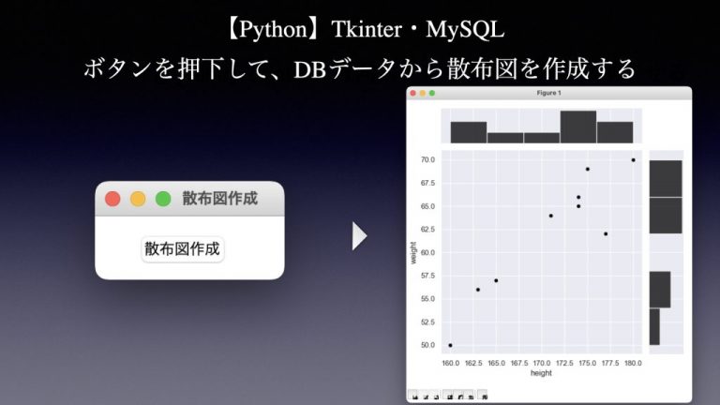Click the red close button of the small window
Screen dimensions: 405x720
click(x=112, y=199)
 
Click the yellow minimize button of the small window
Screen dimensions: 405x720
click(x=138, y=199)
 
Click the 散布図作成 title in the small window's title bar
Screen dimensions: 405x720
click(x=219, y=199)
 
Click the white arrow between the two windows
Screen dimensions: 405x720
click(x=359, y=236)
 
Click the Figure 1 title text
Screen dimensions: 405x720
click(x=549, y=93)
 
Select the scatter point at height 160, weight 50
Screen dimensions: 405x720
click(x=451, y=345)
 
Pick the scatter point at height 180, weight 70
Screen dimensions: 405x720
click(x=634, y=160)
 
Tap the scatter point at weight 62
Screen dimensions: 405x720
click(x=606, y=233)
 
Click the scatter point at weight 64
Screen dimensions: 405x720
click(x=551, y=216)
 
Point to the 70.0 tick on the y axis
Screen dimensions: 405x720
click(x=427, y=160)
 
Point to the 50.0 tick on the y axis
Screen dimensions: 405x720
click(x=427, y=345)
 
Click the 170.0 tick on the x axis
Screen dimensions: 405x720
click(x=542, y=362)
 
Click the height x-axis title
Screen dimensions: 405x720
click(x=541, y=373)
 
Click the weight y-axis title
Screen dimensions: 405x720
click(x=413, y=253)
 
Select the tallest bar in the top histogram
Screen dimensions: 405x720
click(x=577, y=127)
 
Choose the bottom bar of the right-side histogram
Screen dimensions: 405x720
click(x=654, y=326)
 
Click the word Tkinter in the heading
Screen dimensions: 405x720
click(x=363, y=30)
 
